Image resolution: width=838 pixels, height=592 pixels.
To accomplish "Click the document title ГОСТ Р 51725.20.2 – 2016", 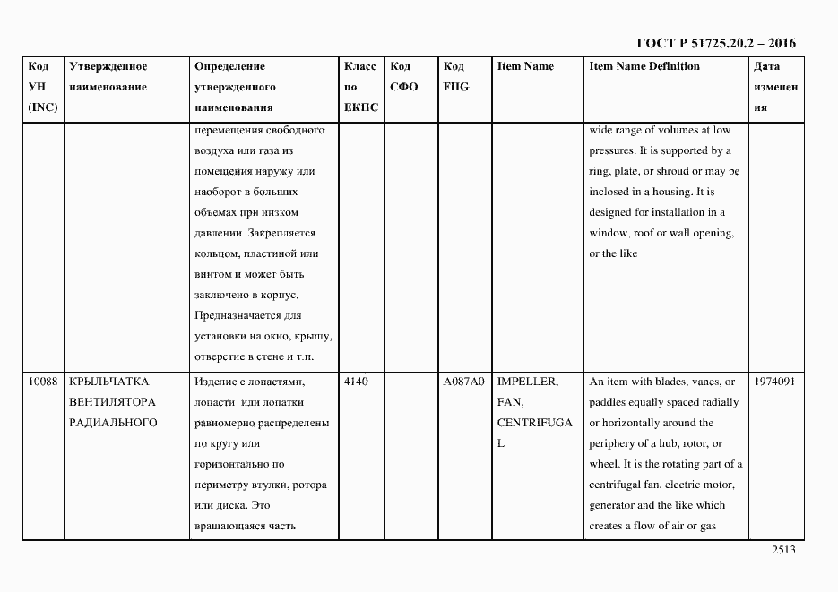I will pos(715,43).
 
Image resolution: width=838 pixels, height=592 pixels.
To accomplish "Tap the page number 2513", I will pos(783,552).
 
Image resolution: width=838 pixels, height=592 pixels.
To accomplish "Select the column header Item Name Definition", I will pos(644,66).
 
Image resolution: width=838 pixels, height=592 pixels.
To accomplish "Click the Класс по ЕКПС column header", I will pos(361,87).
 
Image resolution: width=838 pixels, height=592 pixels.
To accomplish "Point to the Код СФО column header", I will pos(404,76).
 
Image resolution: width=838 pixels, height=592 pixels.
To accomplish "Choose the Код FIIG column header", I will pos(456,76).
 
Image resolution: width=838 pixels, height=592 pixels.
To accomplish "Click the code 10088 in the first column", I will pos(43,382).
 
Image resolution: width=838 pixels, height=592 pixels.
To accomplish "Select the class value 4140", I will pos(356,382).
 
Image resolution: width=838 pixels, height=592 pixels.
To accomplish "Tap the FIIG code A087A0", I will pos(463,382).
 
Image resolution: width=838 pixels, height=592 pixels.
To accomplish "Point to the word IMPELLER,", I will pos(527,382).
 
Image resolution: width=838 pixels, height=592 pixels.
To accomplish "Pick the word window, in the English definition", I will pos(611,233).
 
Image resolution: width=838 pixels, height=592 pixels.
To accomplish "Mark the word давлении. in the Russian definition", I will pos(217,233).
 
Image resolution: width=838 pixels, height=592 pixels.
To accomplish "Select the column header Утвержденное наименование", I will pos(108,76).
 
